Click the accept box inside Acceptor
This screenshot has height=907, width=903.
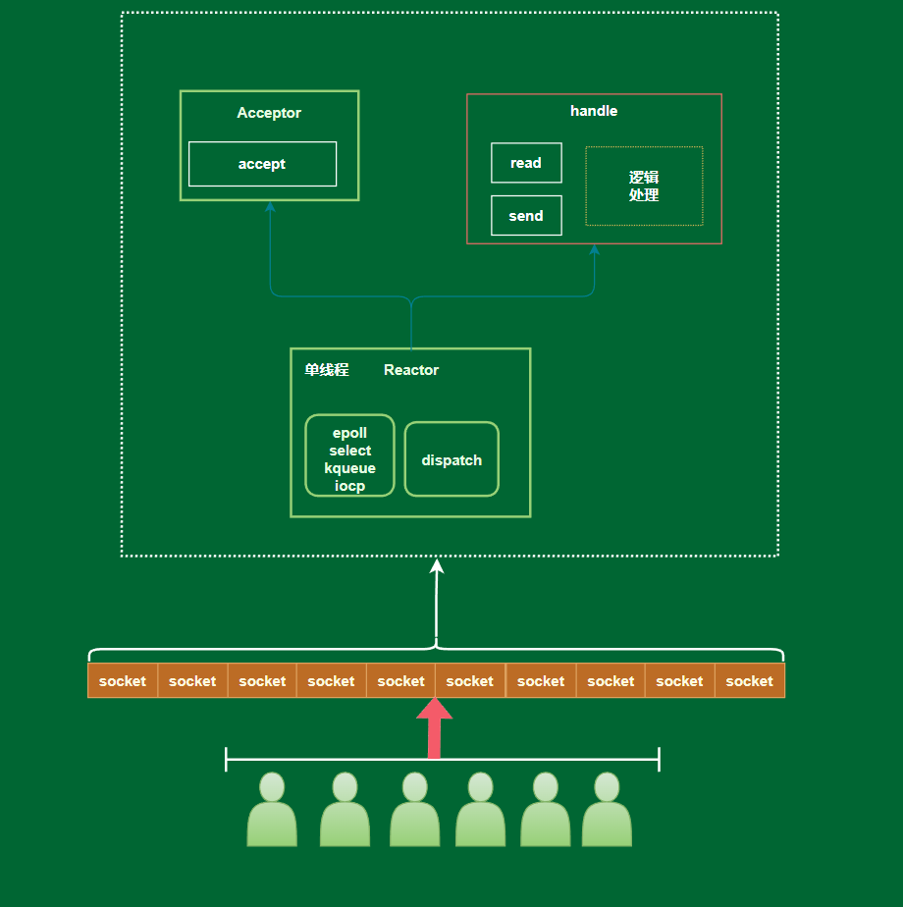[262, 164]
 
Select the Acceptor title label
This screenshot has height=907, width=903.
[269, 113]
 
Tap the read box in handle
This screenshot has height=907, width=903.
[526, 163]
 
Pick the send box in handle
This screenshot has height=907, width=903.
[526, 216]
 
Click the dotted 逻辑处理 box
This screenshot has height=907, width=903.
[644, 186]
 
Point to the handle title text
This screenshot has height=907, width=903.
[594, 111]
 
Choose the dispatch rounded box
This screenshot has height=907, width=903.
[451, 459]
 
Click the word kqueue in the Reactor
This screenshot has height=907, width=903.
[350, 468]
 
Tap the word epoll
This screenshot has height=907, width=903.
[350, 433]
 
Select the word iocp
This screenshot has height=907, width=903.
[350, 485]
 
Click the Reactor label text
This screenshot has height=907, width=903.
[411, 370]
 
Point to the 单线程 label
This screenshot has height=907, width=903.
[327, 370]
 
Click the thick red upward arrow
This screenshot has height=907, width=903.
[435, 727]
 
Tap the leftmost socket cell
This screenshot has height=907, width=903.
[123, 680]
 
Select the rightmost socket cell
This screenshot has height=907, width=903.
[750, 680]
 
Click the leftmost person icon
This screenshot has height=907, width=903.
[272, 810]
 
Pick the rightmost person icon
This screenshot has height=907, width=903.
[607, 810]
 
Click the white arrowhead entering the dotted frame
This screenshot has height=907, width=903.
[437, 566]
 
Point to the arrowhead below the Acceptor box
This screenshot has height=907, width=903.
[270, 206]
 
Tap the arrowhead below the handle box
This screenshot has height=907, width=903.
[594, 250]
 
